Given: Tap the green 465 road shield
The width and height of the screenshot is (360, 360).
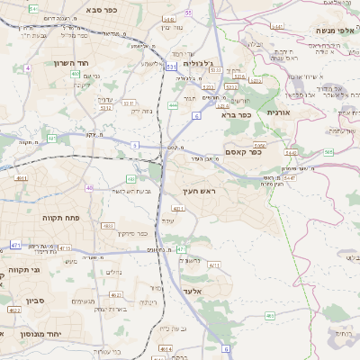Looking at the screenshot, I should coord(269,316).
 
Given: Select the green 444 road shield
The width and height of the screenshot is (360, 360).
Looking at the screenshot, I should coord(172,104).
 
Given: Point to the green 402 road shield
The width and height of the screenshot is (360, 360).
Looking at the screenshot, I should coord(75,74).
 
